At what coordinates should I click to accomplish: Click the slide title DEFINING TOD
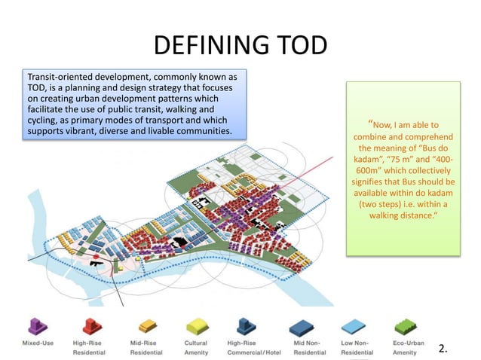[x=240, y=47]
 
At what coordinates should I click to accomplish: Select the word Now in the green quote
[x=381, y=124]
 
